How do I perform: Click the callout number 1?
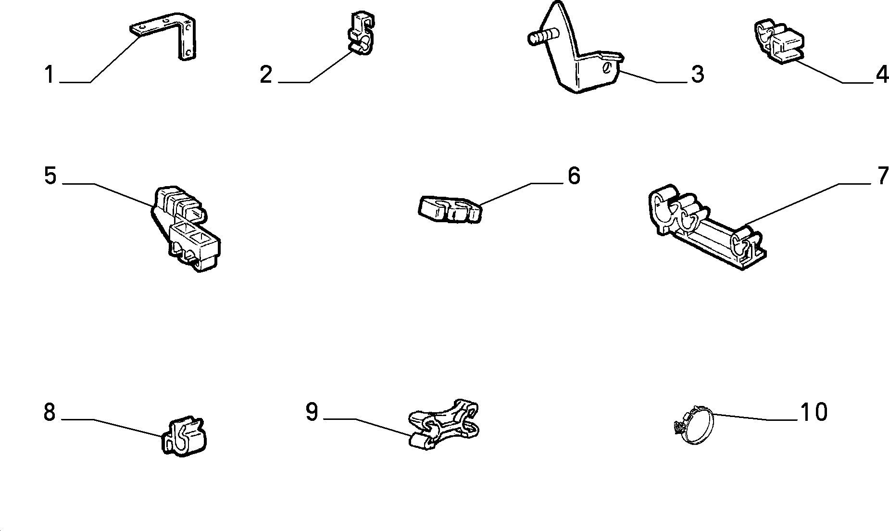49,75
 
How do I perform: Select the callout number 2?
266,75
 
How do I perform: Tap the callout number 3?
698,75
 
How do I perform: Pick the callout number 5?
50,176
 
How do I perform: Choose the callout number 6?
574,176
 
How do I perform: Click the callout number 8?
50,413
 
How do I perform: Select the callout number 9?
312,412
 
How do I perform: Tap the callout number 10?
814,412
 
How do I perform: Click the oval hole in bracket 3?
607,67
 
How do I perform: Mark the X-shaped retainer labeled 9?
443,424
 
